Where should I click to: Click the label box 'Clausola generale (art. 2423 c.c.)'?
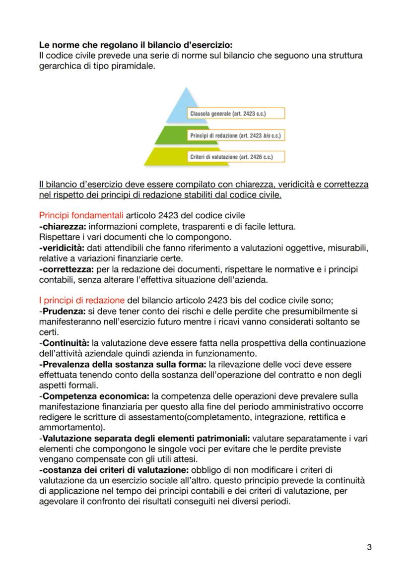(237, 114)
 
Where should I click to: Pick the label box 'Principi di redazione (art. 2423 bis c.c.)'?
(238, 135)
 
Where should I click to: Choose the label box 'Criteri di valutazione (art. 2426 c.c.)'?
(238, 157)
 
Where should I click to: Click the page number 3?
(369, 547)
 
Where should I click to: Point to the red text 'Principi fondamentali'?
(81, 216)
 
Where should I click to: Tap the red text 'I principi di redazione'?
(81, 301)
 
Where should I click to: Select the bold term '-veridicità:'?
(61, 248)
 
